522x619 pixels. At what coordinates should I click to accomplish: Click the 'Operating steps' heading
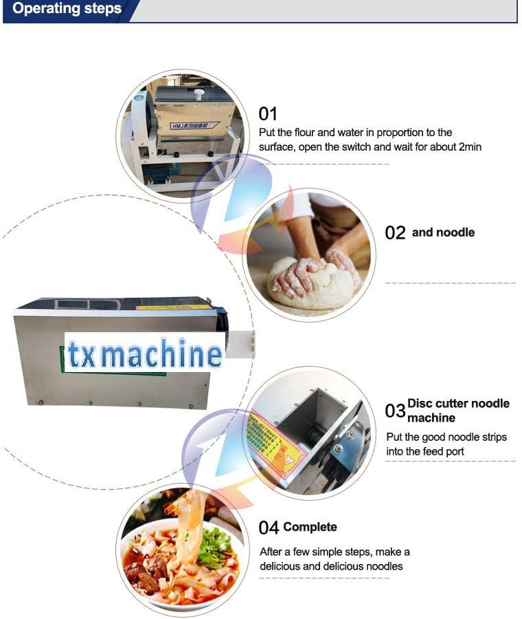coord(67,10)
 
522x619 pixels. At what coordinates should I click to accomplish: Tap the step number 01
coord(268,113)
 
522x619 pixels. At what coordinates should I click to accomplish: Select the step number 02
coord(395,233)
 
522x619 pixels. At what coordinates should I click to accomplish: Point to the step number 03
coord(395,411)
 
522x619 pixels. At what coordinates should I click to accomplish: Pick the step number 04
coord(269,528)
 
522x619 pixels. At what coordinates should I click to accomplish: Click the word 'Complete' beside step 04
coord(310,528)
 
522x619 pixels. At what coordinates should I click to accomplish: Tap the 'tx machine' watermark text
coord(145,354)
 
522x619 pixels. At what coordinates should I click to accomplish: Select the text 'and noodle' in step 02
coord(443,232)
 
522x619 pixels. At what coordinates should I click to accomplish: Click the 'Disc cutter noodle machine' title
coord(458,411)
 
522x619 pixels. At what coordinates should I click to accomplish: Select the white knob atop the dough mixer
coord(199,94)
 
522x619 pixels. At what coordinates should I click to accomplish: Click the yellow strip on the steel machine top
coord(172,307)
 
